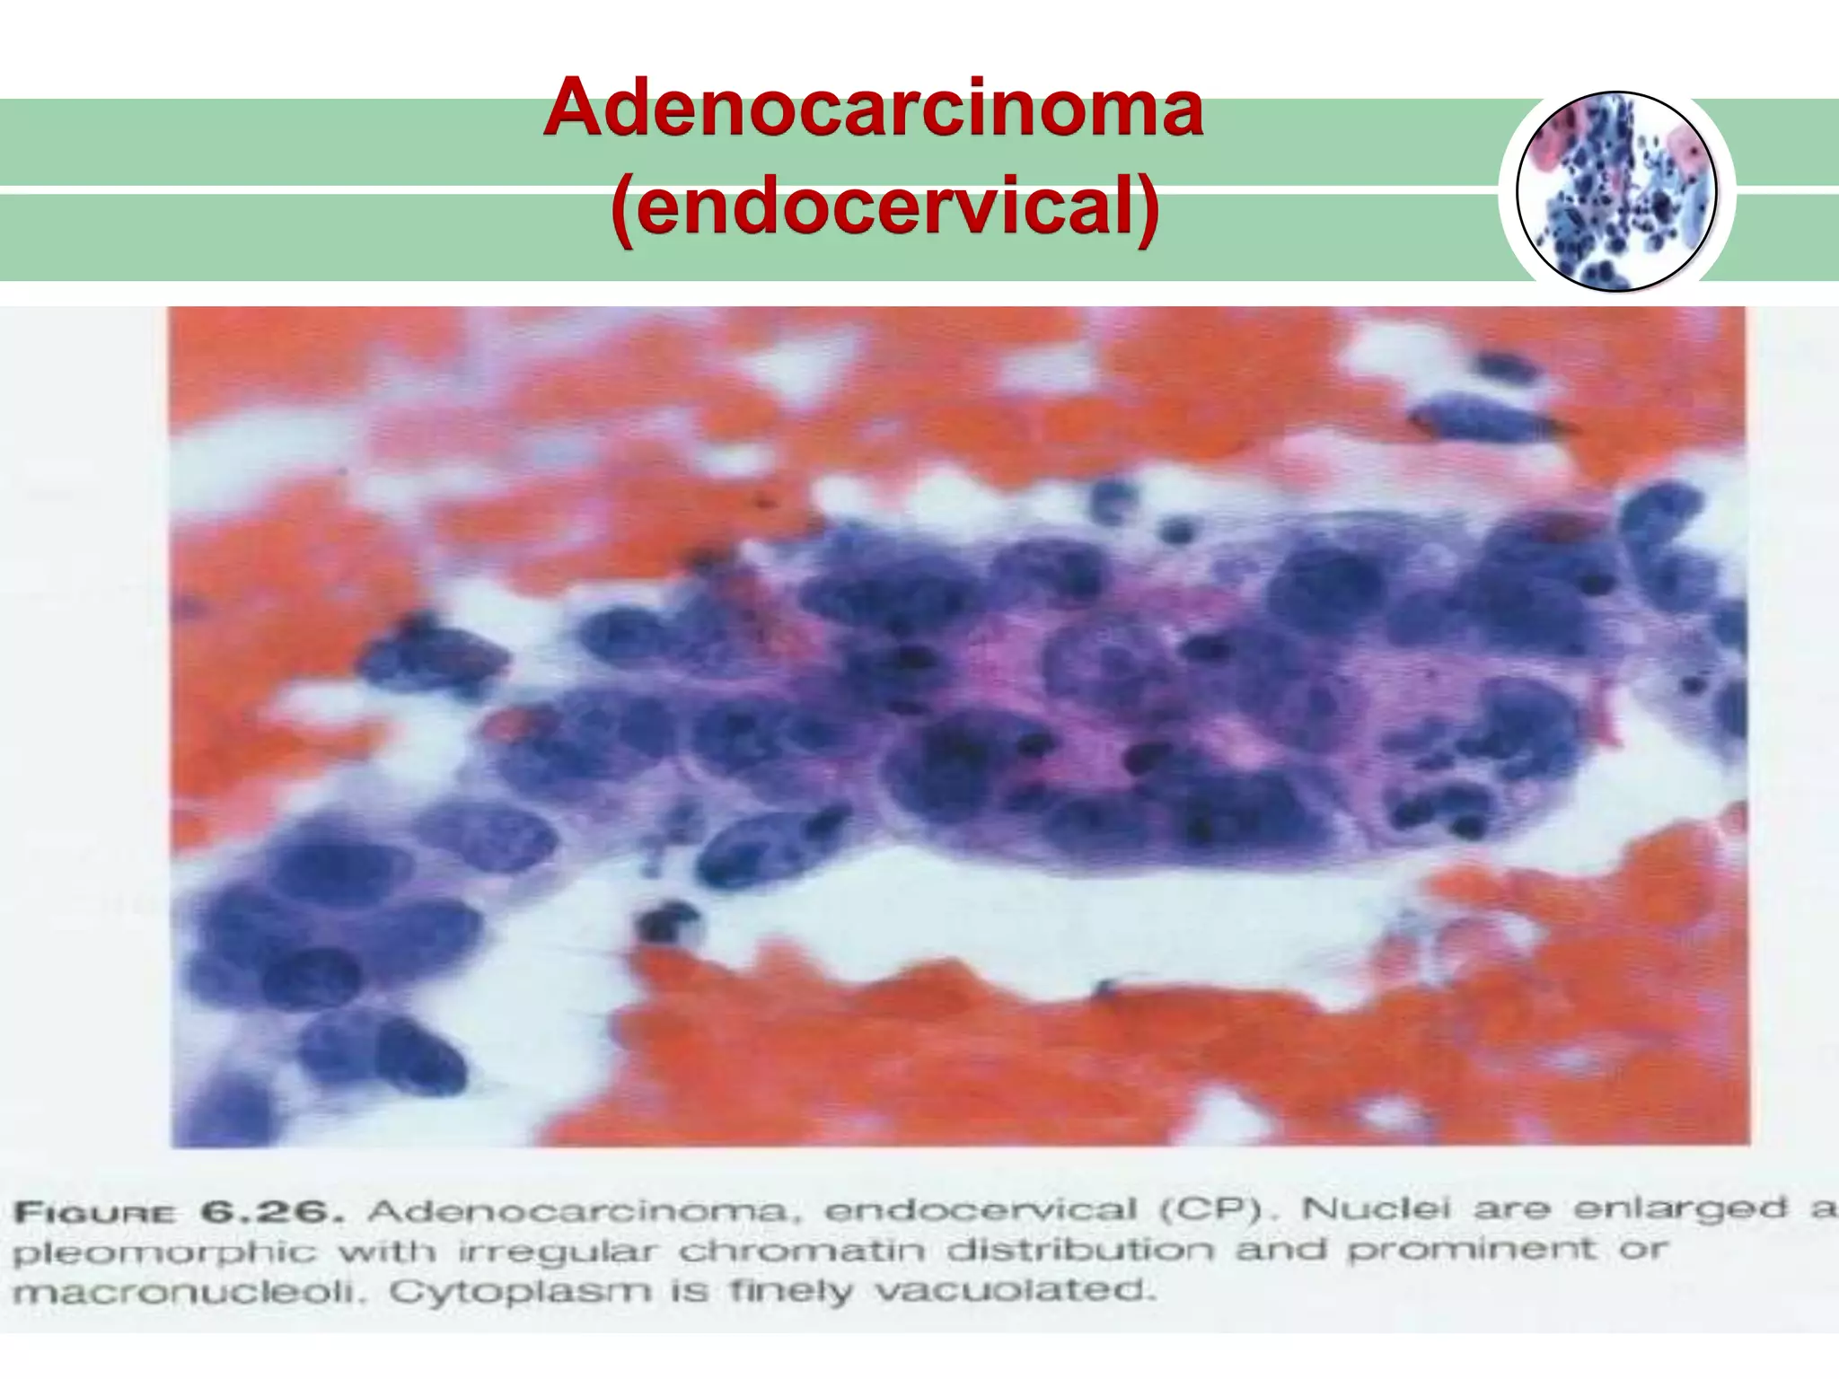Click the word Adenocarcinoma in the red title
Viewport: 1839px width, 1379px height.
click(873, 108)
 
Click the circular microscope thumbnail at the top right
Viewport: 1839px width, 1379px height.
click(1616, 191)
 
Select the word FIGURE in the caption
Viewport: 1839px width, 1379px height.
click(95, 1214)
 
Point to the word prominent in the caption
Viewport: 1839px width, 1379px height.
click(1472, 1248)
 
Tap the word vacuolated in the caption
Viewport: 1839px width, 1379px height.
click(1013, 1290)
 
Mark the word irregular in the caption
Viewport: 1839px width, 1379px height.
click(558, 1252)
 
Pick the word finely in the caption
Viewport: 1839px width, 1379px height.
click(790, 1291)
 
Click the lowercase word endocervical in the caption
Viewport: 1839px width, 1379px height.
click(981, 1210)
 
